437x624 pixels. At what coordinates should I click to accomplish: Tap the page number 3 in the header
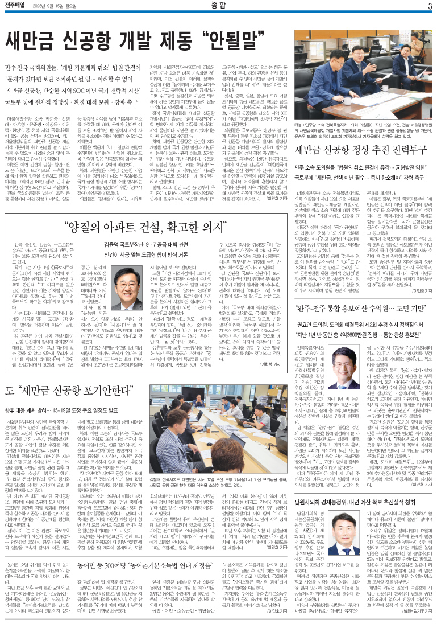[430, 6]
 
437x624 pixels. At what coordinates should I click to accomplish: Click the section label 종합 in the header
[218, 6]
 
